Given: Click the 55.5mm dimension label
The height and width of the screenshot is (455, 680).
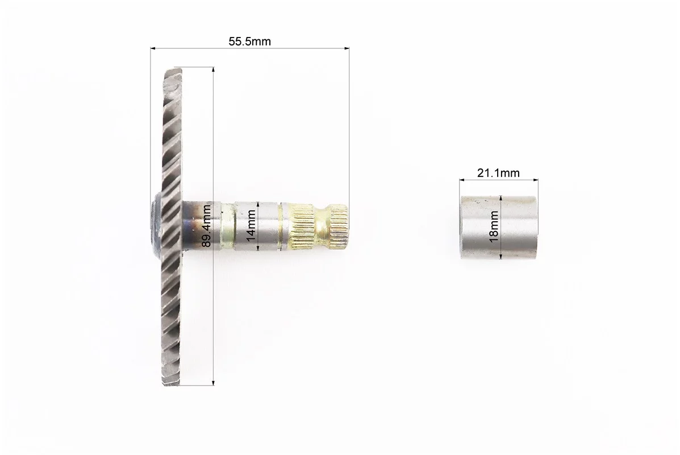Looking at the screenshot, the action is click(x=249, y=42).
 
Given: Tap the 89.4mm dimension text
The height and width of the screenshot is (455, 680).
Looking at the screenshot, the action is click(x=207, y=226).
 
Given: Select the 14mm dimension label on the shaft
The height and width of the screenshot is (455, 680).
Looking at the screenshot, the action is click(x=251, y=226).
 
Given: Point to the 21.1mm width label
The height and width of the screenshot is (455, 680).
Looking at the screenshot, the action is click(x=498, y=173).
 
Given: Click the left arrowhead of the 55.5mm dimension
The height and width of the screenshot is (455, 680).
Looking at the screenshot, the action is click(x=153, y=48).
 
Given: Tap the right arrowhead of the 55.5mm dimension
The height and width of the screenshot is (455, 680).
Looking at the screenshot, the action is click(x=347, y=48).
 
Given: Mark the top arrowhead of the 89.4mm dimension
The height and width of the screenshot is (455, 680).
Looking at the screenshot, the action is click(x=213, y=70).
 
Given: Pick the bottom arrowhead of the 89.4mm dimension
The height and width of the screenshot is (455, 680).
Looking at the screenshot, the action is click(x=213, y=383).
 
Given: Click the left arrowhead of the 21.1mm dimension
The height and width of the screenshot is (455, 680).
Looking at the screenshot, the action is click(x=462, y=180).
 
